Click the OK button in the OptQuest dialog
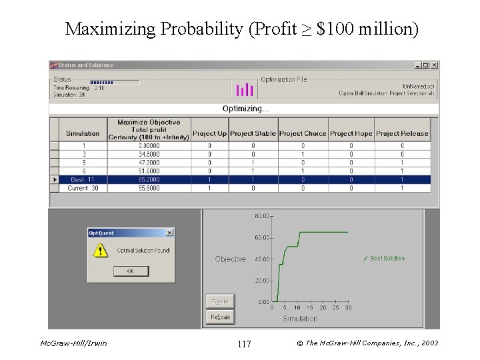[x=131, y=271]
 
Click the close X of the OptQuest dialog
[x=169, y=233]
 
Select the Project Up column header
[x=209, y=133]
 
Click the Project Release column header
[x=402, y=133]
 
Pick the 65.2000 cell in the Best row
[x=149, y=179]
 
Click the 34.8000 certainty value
[x=149, y=154]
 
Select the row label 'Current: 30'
[x=83, y=188]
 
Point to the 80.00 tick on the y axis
[x=262, y=216]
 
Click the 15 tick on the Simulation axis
[x=310, y=308]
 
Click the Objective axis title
[x=230, y=259]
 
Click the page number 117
[x=244, y=344]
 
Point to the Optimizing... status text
[x=245, y=109]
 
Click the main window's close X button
[x=434, y=65]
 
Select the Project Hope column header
[x=351, y=133]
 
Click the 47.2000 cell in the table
[x=149, y=163]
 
